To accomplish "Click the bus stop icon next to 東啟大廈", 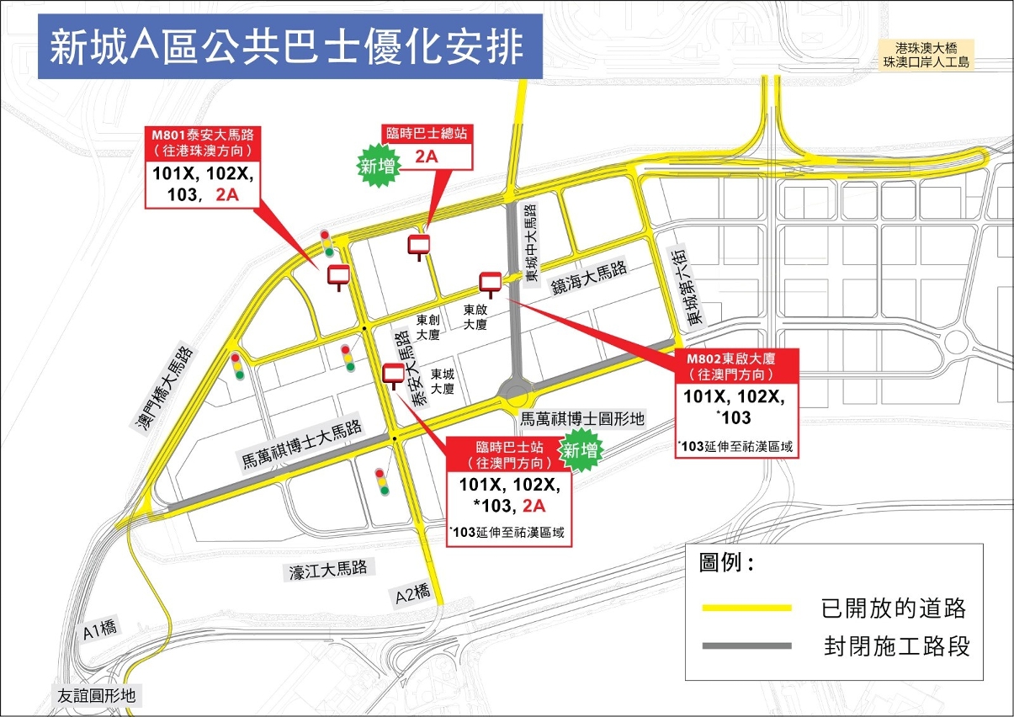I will click(490, 283).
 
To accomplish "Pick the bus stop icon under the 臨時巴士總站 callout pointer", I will click(418, 246).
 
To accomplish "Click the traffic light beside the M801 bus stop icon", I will click(326, 243).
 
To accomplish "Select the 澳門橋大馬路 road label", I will click(161, 389).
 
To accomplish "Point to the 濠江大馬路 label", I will click(328, 570).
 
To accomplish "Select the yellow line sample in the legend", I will click(746, 608).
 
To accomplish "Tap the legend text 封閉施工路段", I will click(897, 646).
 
